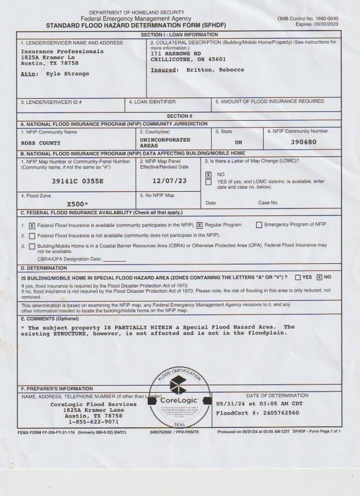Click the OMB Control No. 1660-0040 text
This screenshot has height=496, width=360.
pos(316,19)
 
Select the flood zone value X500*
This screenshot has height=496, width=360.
pos(77,204)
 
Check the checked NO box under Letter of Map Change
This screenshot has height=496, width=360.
pos(209,174)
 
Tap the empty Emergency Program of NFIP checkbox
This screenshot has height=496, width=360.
pos(258,225)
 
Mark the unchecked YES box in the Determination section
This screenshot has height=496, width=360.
pos(298,277)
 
